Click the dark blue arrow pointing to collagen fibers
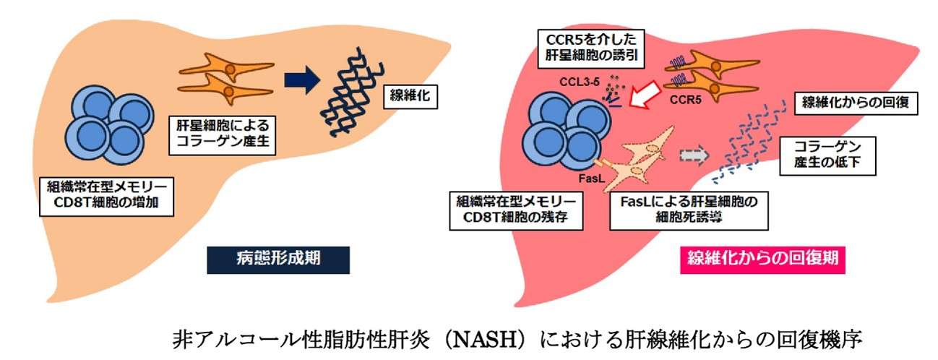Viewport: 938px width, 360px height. click(x=302, y=80)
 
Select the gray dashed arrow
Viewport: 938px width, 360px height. click(x=694, y=155)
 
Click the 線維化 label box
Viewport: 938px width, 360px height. click(x=410, y=96)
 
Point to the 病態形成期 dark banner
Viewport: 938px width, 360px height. click(x=278, y=260)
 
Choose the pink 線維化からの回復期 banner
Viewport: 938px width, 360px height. click(x=762, y=260)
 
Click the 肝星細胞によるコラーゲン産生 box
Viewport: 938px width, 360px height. click(x=223, y=135)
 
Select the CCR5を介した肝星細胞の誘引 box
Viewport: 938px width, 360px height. click(x=591, y=48)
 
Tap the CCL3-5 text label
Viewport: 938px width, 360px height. click(x=579, y=82)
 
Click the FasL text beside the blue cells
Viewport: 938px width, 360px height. click(x=592, y=179)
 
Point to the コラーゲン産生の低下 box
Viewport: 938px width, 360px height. click(x=827, y=156)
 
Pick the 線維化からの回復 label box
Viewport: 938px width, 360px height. click(x=856, y=103)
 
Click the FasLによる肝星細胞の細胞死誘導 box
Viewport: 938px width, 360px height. click(x=689, y=211)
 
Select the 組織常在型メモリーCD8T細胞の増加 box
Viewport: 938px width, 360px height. click(x=106, y=197)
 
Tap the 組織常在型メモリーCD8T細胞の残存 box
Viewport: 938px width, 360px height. click(x=516, y=211)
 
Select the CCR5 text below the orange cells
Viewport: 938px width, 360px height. click(x=685, y=100)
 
